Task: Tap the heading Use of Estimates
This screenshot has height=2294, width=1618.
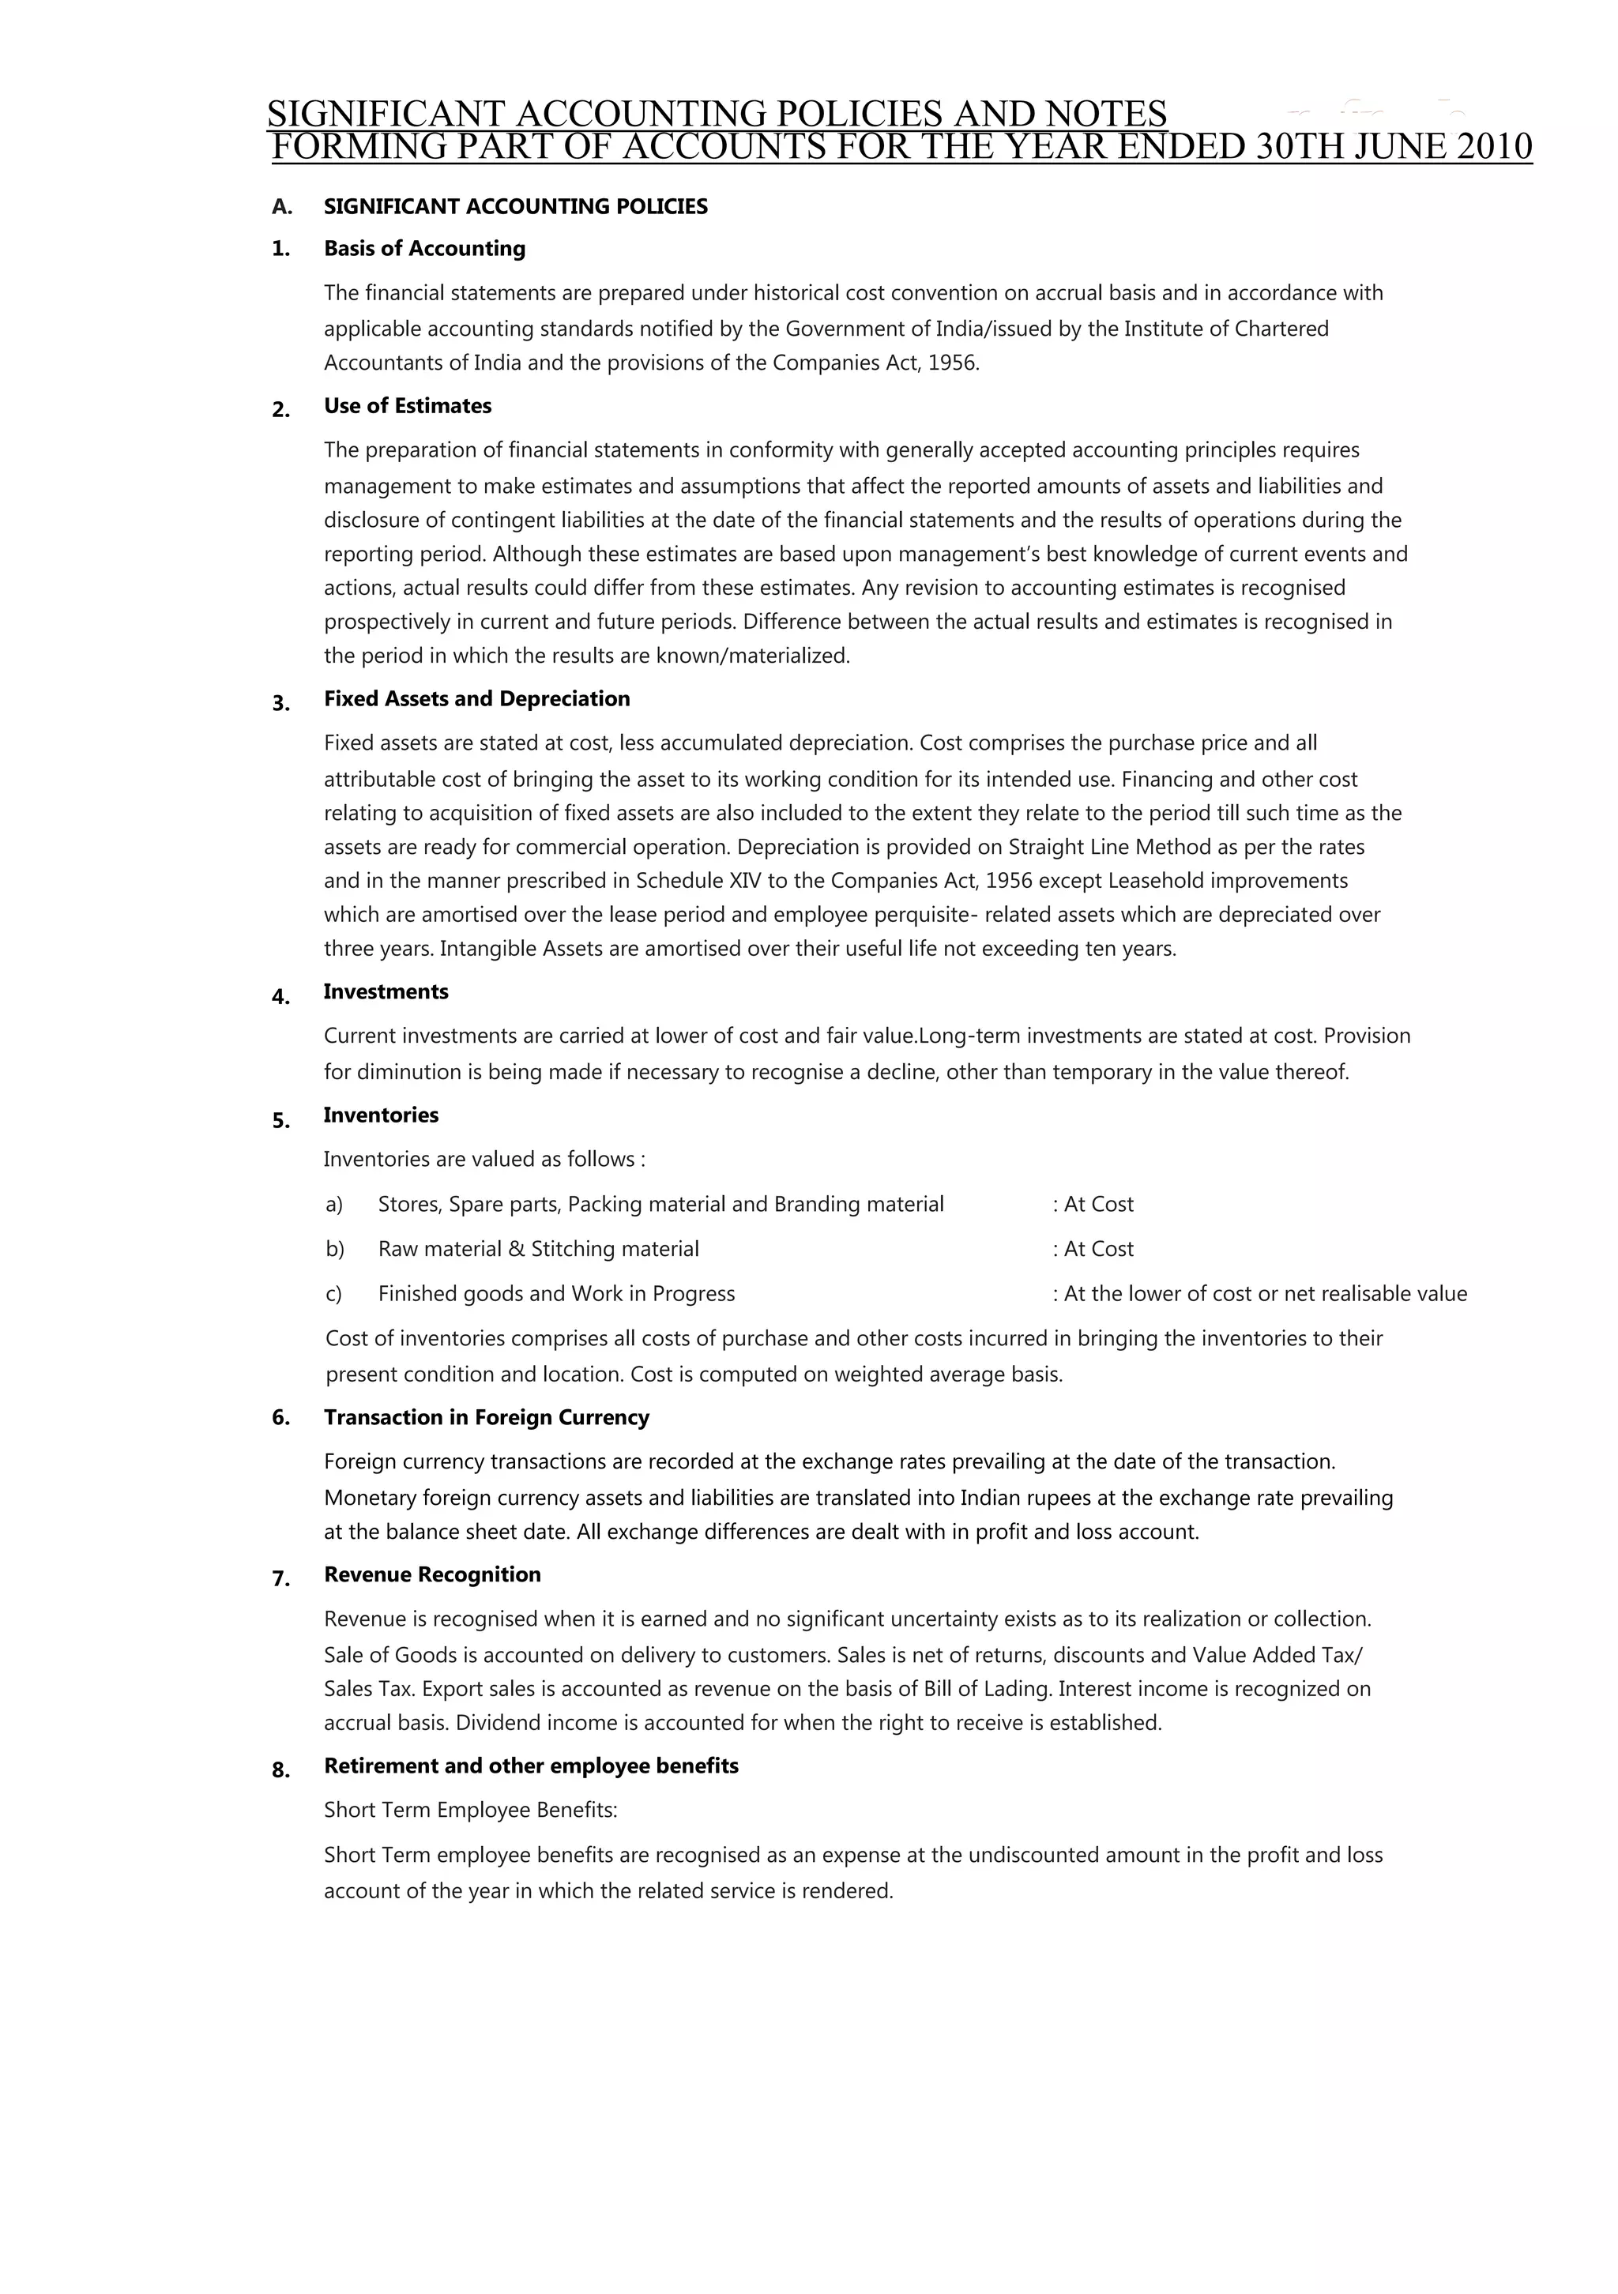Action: (407, 407)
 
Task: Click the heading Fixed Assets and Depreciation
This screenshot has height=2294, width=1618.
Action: (476, 699)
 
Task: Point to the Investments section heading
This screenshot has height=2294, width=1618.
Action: (386, 992)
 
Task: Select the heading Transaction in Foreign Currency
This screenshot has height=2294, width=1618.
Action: (486, 1418)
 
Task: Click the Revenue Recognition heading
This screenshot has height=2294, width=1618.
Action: (431, 1574)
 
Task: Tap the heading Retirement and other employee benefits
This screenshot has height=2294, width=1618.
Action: (531, 1766)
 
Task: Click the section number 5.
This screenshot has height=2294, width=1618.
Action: (280, 1121)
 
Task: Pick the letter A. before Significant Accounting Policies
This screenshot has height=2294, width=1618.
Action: (282, 208)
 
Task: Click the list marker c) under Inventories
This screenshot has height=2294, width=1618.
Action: (334, 1295)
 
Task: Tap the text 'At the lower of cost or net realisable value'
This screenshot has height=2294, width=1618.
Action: (1264, 1295)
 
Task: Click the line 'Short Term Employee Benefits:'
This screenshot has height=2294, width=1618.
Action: (471, 1811)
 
